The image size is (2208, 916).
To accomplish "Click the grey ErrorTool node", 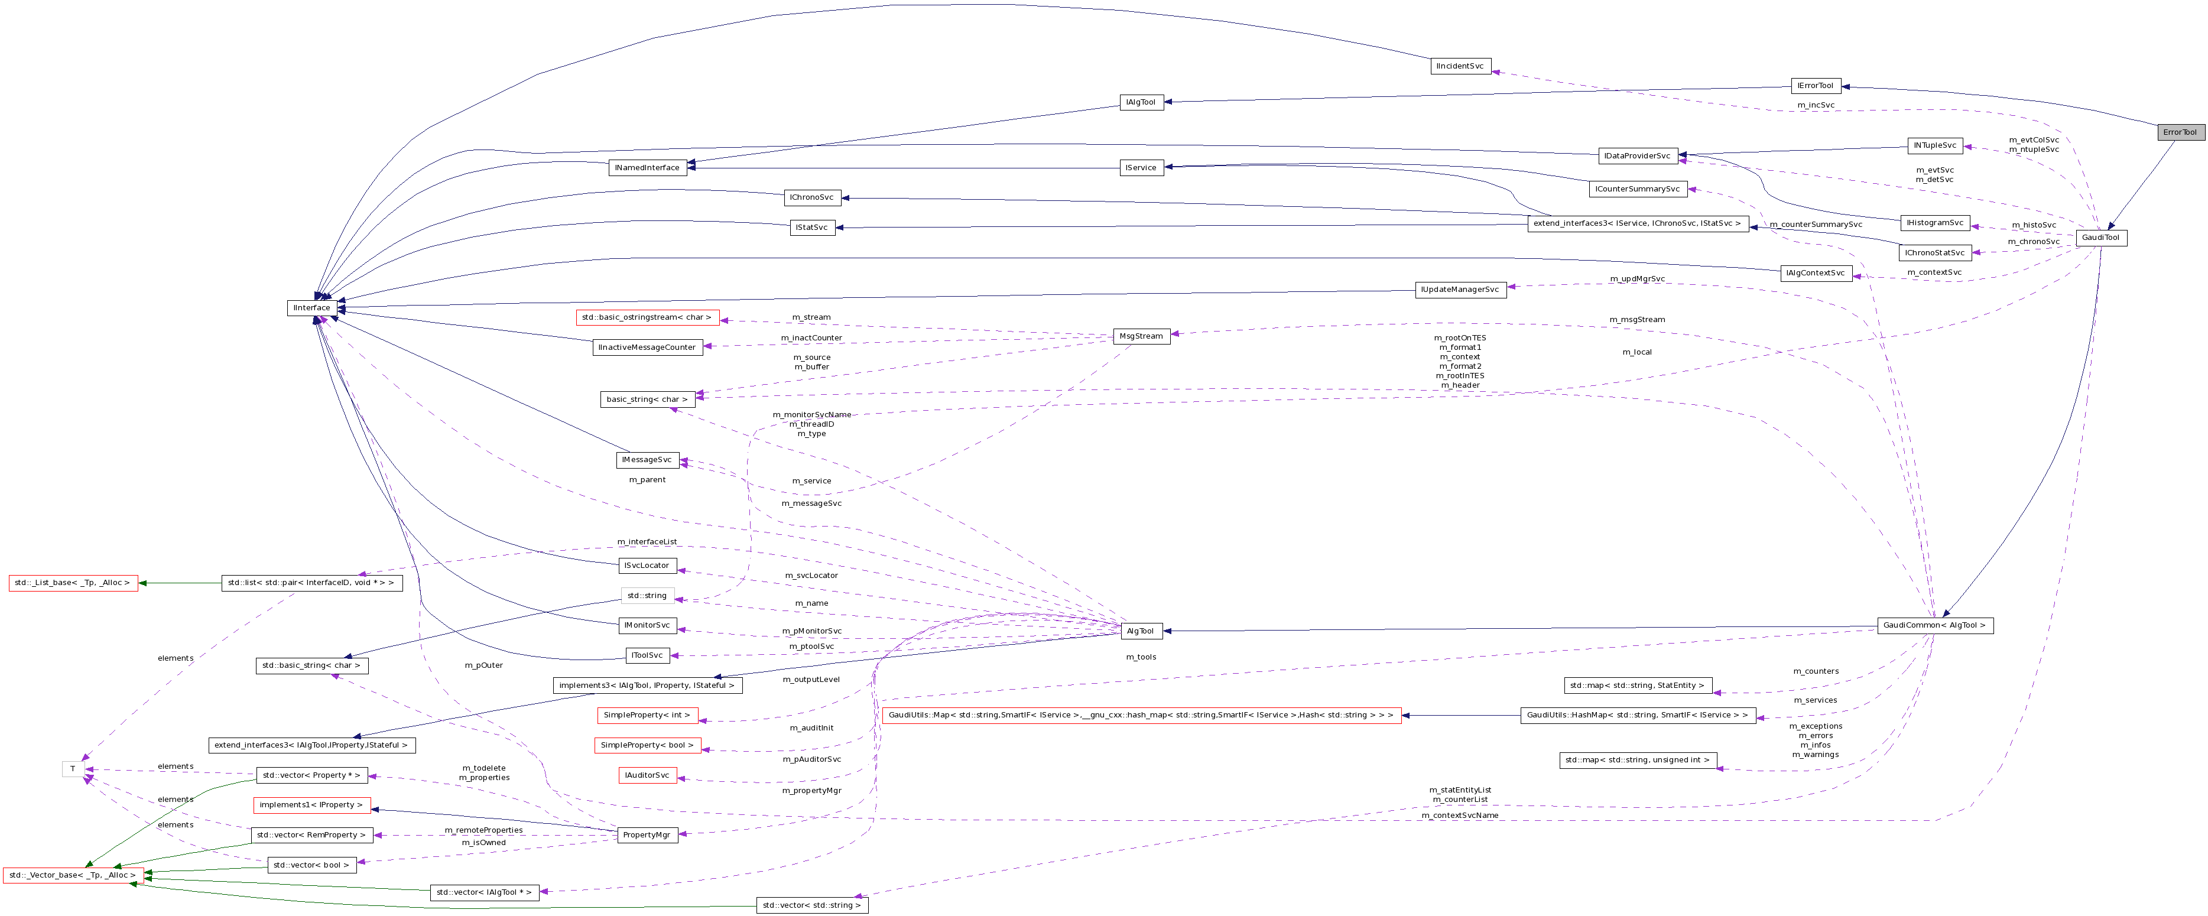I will coord(2180,132).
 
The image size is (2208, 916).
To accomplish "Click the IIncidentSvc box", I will coord(1460,66).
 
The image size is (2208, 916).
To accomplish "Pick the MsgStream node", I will coord(1141,336).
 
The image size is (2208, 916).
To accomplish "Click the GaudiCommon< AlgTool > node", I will coord(1934,625).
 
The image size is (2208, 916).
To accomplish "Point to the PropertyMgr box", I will coord(647,834).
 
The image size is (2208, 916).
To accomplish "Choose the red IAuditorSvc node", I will coord(647,775).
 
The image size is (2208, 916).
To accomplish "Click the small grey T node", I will coord(73,769).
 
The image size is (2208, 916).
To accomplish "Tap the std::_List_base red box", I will coord(72,583).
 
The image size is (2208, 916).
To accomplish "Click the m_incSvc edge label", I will coord(1816,105).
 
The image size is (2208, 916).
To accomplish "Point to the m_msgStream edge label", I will coord(1636,320).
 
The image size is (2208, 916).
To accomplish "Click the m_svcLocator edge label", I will coord(811,575).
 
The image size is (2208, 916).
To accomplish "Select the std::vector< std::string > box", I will coord(811,905).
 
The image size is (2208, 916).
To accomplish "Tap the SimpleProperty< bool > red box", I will coord(647,745).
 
